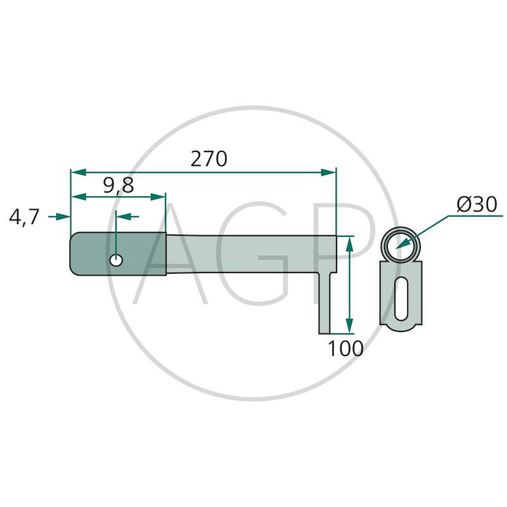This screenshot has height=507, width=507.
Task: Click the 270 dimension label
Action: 209,159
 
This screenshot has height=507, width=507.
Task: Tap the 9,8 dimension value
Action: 119,186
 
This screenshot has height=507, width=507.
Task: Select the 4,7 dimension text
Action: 24,217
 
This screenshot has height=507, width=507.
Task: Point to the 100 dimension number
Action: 345,349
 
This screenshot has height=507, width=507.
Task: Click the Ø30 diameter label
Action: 477,204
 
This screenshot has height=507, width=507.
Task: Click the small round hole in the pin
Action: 116,260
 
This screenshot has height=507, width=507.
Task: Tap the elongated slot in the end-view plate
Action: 401,297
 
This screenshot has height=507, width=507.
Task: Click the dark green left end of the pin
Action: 119,254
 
